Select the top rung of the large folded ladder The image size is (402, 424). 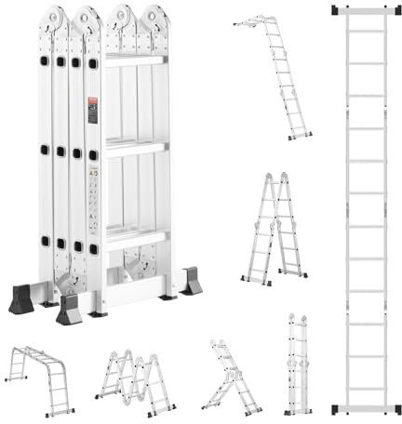coord(136,60)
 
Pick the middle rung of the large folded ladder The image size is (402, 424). coord(136,146)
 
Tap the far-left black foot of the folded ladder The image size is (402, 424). coord(22,299)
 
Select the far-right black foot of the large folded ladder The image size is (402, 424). coord(191,282)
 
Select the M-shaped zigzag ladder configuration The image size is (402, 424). coord(134,380)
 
